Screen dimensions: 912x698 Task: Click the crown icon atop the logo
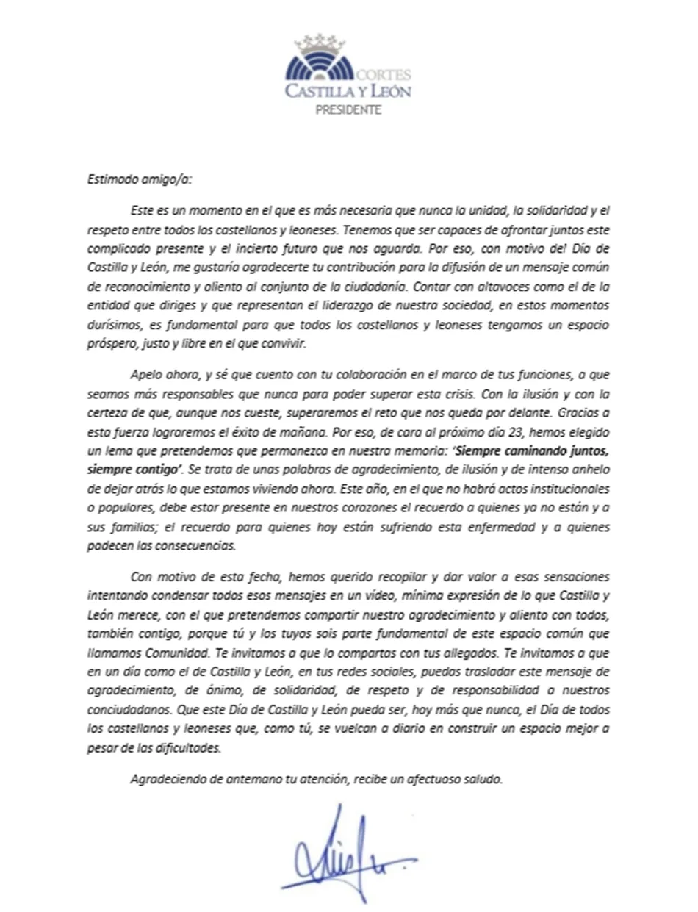click(320, 42)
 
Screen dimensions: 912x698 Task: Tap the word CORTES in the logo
click(384, 76)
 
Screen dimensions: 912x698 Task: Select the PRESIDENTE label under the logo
click(348, 110)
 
